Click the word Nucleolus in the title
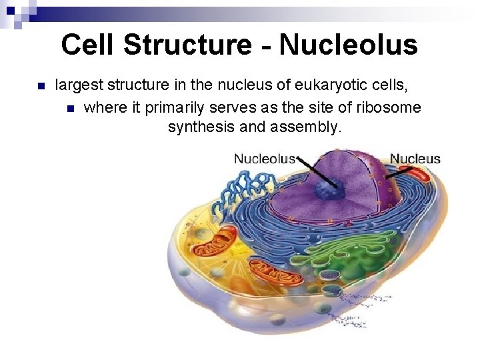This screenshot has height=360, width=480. tap(349, 45)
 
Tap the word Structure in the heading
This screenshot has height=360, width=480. tap(188, 45)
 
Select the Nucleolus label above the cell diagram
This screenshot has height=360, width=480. tap(264, 159)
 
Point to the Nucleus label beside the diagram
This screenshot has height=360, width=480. tap(415, 159)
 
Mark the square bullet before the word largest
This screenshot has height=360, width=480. tap(39, 86)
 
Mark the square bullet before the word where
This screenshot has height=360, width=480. tap(71, 107)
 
